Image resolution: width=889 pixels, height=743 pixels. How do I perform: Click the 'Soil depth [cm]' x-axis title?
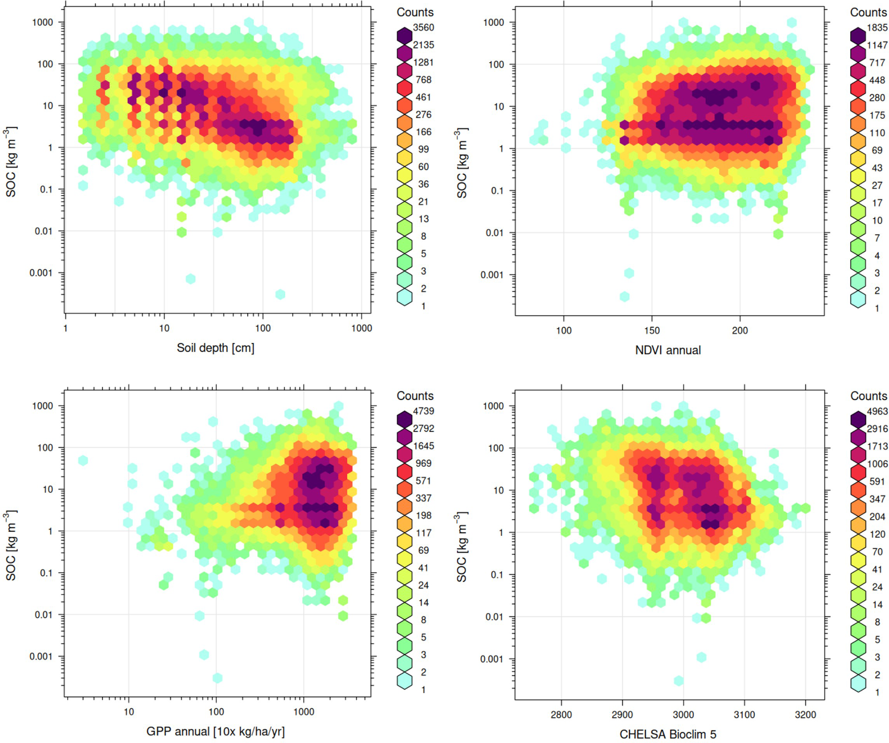coord(215,348)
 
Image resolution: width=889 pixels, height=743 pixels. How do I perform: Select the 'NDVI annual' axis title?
coord(668,350)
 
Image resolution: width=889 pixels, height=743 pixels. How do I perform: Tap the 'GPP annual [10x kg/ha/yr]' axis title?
coord(215,731)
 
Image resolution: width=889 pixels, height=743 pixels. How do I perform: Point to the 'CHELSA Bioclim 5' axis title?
coord(668,734)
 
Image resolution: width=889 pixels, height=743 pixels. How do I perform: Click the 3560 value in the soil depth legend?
coord(423,28)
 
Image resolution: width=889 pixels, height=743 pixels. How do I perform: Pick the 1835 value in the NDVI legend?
coord(877,28)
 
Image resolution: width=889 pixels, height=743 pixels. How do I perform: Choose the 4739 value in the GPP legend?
coord(423,411)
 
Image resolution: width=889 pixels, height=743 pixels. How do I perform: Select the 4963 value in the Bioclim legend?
coord(877,411)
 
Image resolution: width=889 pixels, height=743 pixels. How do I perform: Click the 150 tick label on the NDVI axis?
coord(652,330)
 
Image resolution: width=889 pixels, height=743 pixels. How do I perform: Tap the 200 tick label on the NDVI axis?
coord(740,330)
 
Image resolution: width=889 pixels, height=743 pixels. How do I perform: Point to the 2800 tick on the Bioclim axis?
coord(561,715)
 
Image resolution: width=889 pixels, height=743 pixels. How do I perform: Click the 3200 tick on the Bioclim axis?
coord(805,715)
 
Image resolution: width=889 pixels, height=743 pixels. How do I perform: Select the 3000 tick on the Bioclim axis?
coord(683,715)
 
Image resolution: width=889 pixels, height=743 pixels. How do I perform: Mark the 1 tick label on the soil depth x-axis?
coord(65,328)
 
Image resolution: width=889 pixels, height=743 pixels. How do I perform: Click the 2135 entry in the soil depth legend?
coord(423,45)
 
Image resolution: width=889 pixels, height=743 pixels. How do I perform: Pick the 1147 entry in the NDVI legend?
coord(877,45)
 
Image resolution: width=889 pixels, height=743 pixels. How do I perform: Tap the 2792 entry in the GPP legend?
coord(423,429)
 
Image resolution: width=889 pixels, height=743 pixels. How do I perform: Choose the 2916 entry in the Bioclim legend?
coord(877,429)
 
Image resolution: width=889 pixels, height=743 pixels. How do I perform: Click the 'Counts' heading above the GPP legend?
coord(415,396)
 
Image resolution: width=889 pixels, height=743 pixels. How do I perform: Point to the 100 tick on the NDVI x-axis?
coord(563,330)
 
